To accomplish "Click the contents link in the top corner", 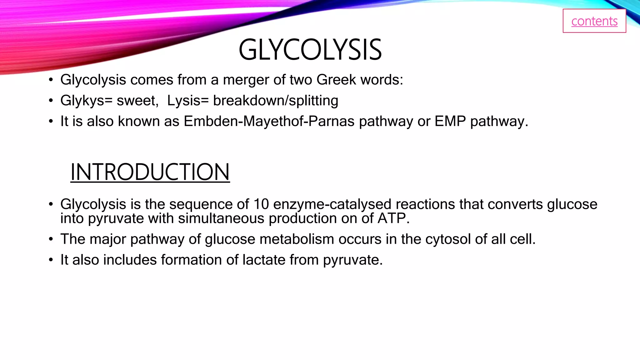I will click(x=594, y=21).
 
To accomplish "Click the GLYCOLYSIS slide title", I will click(x=310, y=50).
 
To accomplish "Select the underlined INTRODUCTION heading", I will click(x=150, y=172).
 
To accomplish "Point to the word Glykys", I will click(x=82, y=101).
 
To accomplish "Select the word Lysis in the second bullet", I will click(x=183, y=101).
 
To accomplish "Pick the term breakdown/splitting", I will click(x=276, y=101).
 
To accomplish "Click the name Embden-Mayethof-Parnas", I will click(x=269, y=121).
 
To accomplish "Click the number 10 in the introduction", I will click(x=261, y=204).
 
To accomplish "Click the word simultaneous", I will click(x=221, y=218).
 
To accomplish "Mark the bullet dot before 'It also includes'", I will click(x=51, y=260).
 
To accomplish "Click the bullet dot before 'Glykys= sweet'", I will click(x=51, y=101).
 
